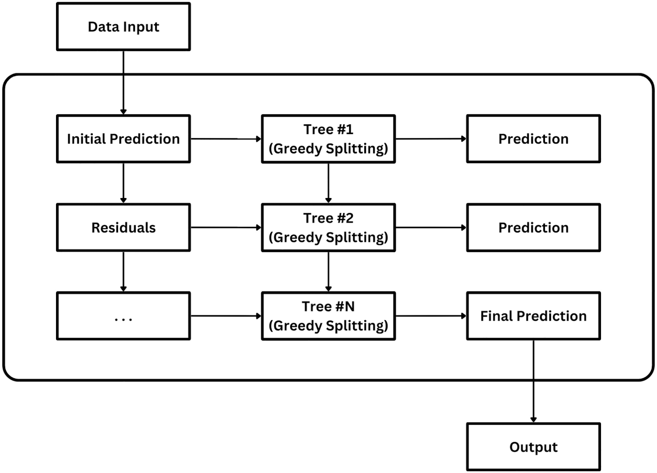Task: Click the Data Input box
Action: (123, 27)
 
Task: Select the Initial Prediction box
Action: (123, 139)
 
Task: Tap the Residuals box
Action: (123, 227)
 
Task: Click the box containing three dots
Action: (123, 316)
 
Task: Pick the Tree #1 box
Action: (328, 139)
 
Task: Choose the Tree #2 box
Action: (328, 227)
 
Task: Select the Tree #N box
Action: (328, 316)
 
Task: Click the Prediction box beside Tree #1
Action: (534, 139)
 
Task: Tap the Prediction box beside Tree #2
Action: (534, 227)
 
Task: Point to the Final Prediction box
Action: (534, 316)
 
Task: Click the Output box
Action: (534, 447)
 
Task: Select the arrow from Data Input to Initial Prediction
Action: (123, 83)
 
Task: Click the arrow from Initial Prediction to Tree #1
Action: (226, 139)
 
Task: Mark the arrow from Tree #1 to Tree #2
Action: (328, 183)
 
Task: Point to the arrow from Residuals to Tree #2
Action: (226, 227)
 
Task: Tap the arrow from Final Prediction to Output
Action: (534, 381)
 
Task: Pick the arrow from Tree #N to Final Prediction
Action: (431, 316)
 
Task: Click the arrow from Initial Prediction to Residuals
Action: (123, 183)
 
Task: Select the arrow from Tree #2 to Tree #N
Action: (328, 272)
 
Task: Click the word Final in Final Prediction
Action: (496, 316)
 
